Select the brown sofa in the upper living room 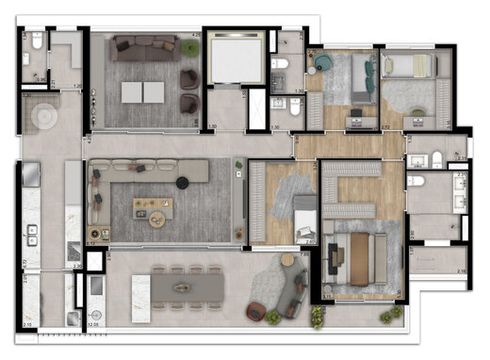tap(143, 44)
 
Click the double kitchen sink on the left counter tap(31, 234)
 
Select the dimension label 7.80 tap(303, 254)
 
